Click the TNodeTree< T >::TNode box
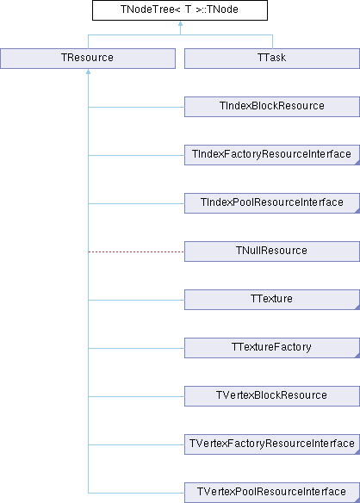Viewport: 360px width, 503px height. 180,10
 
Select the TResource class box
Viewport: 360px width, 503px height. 88,59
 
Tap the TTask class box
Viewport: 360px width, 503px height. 272,59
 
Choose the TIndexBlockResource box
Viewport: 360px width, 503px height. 272,107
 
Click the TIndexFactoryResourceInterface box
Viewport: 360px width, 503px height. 272,155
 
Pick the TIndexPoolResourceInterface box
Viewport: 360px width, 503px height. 272,203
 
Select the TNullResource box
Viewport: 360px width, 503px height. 272,251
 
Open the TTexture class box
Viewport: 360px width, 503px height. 272,300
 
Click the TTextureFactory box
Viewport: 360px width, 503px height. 272,348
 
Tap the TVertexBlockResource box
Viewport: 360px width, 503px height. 272,396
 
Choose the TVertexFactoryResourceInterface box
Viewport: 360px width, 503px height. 272,444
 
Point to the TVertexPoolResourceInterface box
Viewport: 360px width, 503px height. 272,493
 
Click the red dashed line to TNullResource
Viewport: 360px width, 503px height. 136,251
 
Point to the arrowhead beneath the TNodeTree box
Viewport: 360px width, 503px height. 180,24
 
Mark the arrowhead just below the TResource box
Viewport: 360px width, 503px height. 88,71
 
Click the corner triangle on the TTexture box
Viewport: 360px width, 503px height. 357,307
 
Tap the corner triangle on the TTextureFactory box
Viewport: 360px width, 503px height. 357,356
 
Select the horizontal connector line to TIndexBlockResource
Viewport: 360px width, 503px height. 136,107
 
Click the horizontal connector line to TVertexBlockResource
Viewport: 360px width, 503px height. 136,396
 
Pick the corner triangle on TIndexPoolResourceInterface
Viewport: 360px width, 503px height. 357,211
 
